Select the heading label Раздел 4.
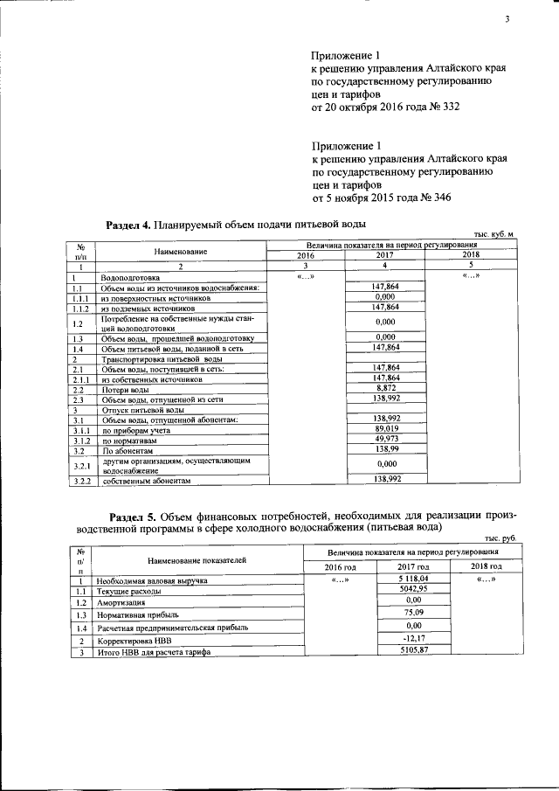pos(128,225)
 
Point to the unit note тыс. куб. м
pos(495,235)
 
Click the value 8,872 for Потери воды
pos(385,387)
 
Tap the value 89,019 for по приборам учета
pos(385,428)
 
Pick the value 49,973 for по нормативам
pos(385,439)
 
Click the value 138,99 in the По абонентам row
pos(385,448)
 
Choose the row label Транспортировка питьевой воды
pos(154,359)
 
